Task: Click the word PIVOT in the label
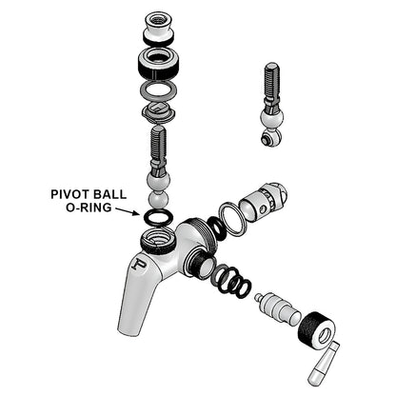coord(70,192)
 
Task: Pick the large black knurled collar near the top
coord(158,66)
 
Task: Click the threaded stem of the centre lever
coord(158,148)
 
